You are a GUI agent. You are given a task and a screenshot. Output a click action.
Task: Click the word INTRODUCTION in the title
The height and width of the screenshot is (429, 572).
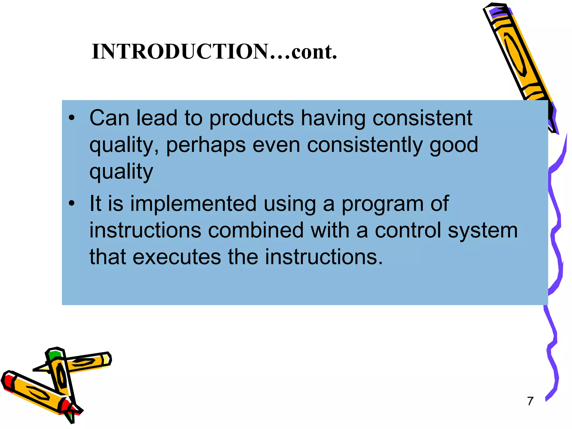[180, 52]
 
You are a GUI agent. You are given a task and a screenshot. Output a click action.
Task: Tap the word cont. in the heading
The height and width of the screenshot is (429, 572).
[314, 52]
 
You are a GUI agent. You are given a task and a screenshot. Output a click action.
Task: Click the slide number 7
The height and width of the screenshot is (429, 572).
[530, 401]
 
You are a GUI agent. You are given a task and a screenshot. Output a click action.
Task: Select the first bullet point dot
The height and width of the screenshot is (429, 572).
[72, 118]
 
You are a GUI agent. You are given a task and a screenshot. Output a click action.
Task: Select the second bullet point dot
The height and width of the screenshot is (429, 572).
[72, 203]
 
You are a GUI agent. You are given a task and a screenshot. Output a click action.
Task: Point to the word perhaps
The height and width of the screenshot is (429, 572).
[206, 145]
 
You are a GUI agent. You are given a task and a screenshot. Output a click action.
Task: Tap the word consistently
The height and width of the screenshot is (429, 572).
[364, 145]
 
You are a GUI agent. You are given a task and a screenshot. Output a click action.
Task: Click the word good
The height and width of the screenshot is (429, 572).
[454, 145]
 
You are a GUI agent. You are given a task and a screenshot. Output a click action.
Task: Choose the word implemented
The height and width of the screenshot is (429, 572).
[193, 204]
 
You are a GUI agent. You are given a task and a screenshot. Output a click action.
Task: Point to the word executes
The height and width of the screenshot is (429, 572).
[177, 257]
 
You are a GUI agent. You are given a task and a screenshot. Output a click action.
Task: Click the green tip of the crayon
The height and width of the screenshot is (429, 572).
[54, 355]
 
